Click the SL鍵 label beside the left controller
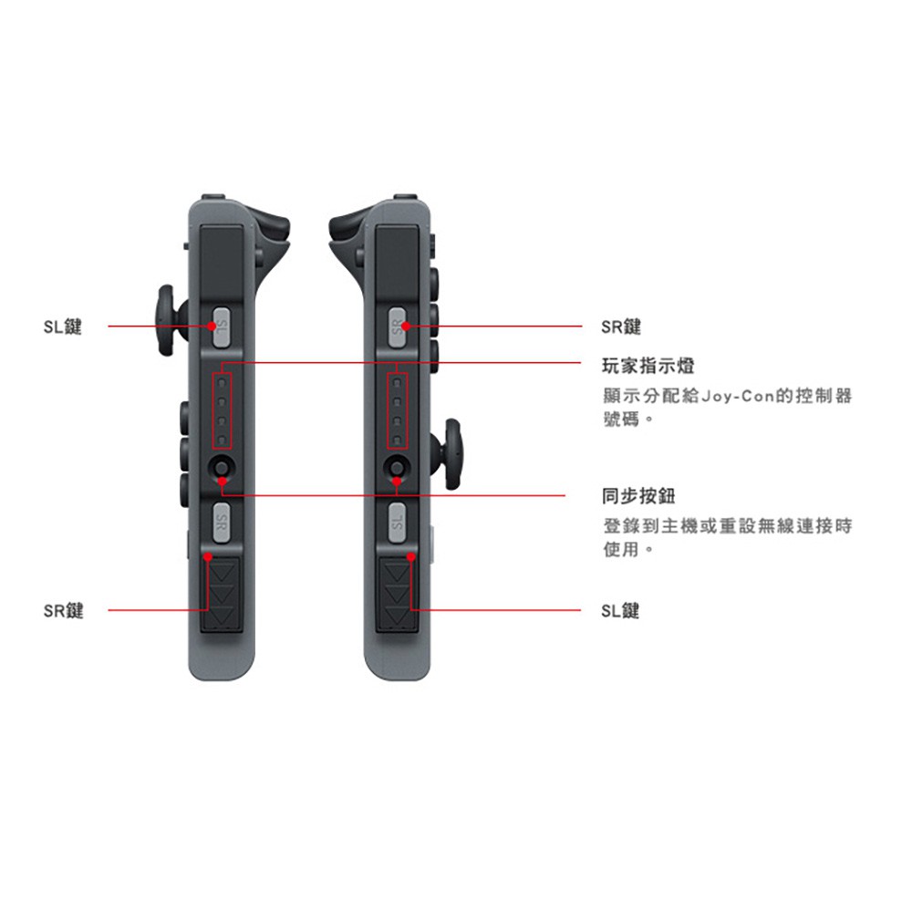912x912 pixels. point(62,326)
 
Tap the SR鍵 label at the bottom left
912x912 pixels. point(64,611)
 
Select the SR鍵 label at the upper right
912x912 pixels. point(620,326)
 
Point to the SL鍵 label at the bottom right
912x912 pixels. point(620,611)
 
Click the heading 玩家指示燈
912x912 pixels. point(648,366)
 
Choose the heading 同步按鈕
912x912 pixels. point(638,496)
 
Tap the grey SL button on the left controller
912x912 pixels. point(221,327)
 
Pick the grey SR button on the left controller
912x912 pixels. point(221,523)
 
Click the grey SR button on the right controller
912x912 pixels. point(397,328)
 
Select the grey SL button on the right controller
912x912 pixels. point(397,523)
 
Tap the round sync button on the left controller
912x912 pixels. point(222,468)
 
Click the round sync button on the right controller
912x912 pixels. point(397,468)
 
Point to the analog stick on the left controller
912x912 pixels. point(169,320)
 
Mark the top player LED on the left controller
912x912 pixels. point(222,384)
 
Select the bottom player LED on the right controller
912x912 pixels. point(397,440)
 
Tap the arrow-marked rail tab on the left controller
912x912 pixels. point(221,594)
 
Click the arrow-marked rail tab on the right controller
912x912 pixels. point(398,594)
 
